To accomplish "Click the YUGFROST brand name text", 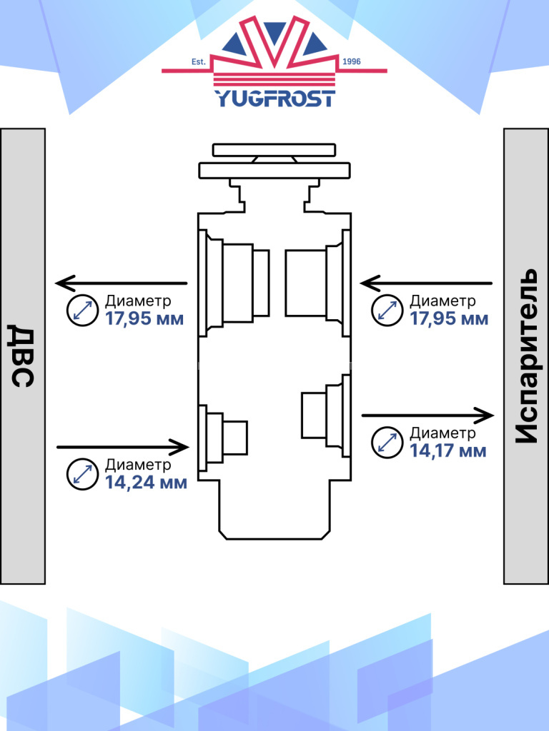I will pyautogui.click(x=274, y=98).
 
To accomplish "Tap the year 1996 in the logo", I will pyautogui.click(x=352, y=62).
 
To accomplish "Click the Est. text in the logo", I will pyautogui.click(x=198, y=62).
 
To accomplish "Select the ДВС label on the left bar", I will pyautogui.click(x=23, y=356).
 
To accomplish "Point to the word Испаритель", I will pyautogui.click(x=526, y=356).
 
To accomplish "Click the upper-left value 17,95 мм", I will pyautogui.click(x=144, y=318).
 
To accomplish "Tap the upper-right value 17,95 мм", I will pyautogui.click(x=449, y=318).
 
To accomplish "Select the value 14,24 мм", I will pyautogui.click(x=146, y=483).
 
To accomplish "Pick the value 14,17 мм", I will pyautogui.click(x=448, y=450).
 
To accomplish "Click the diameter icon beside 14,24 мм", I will pyautogui.click(x=82, y=474).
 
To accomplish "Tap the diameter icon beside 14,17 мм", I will pyautogui.click(x=387, y=442).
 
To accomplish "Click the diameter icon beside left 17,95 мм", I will pyautogui.click(x=82, y=310).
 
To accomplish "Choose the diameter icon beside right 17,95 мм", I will pyautogui.click(x=387, y=310).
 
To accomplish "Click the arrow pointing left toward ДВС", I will pyautogui.click(x=122, y=283).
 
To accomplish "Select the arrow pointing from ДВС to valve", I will pyautogui.click(x=122, y=448).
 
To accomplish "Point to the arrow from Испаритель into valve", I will pyautogui.click(x=427, y=283).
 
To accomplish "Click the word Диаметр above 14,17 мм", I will pyautogui.click(x=442, y=433).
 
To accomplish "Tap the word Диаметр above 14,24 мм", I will pyautogui.click(x=138, y=465).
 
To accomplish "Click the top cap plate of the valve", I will pyautogui.click(x=274, y=150).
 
